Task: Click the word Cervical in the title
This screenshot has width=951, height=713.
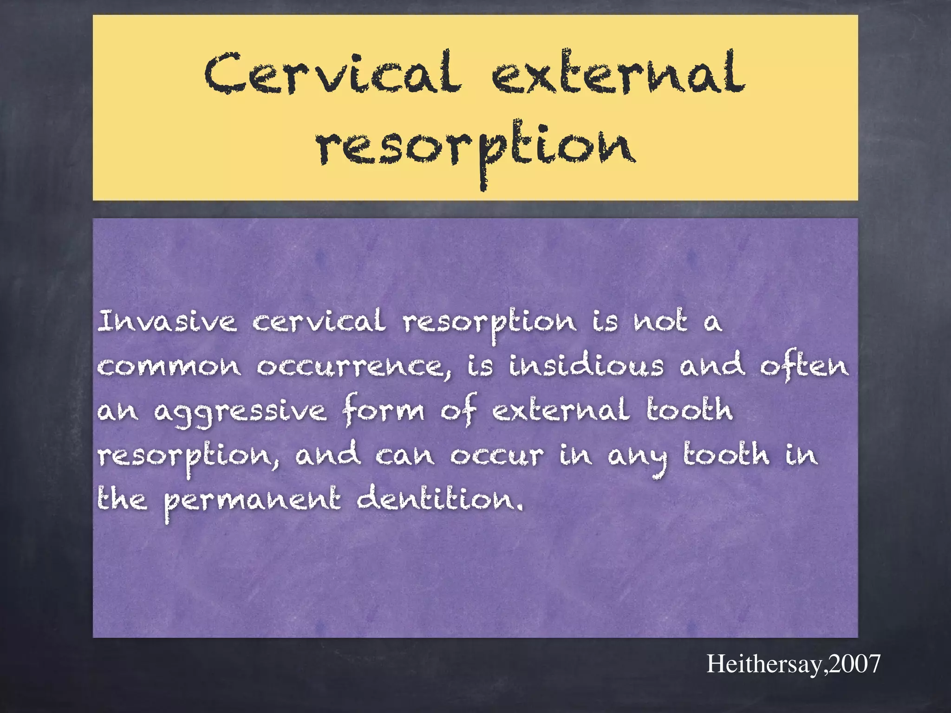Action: (x=332, y=74)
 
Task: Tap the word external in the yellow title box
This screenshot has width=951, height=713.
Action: (x=618, y=74)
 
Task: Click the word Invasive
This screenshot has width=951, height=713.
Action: (x=167, y=321)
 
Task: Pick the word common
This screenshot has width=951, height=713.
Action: (x=169, y=367)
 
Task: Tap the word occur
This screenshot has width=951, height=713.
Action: (x=497, y=455)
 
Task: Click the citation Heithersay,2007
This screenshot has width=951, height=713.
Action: (x=793, y=664)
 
